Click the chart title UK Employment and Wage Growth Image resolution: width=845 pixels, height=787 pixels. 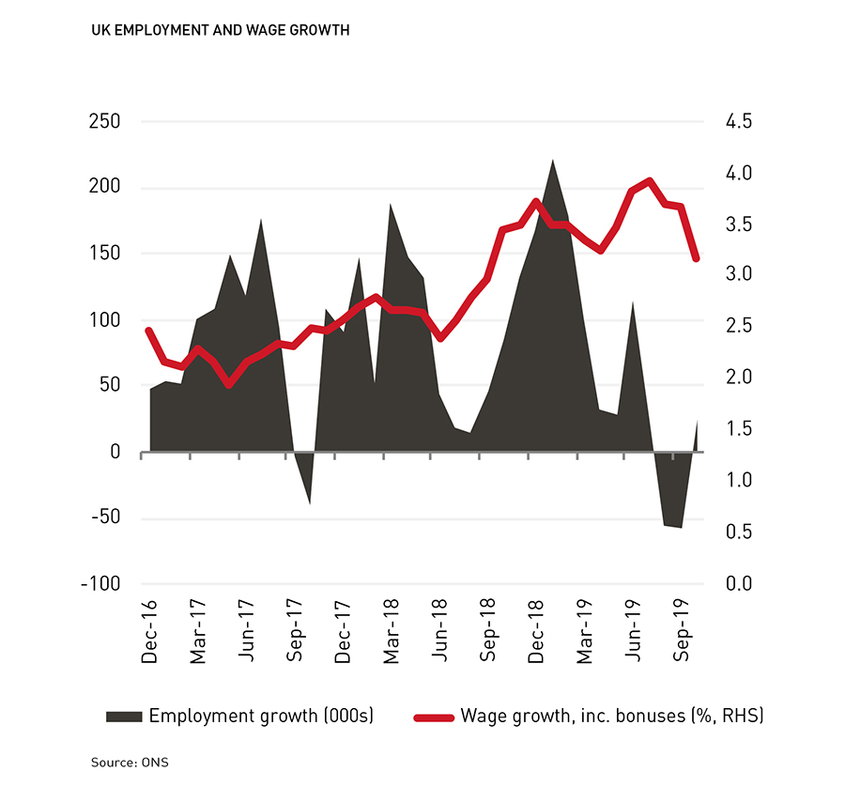point(221,30)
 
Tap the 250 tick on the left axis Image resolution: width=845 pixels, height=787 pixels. point(104,122)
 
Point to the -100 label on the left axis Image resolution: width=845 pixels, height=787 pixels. point(100,583)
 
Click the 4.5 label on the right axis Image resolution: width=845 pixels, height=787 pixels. point(736,122)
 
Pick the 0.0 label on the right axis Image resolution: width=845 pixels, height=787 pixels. point(736,583)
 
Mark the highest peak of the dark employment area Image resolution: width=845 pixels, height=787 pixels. point(552,160)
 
